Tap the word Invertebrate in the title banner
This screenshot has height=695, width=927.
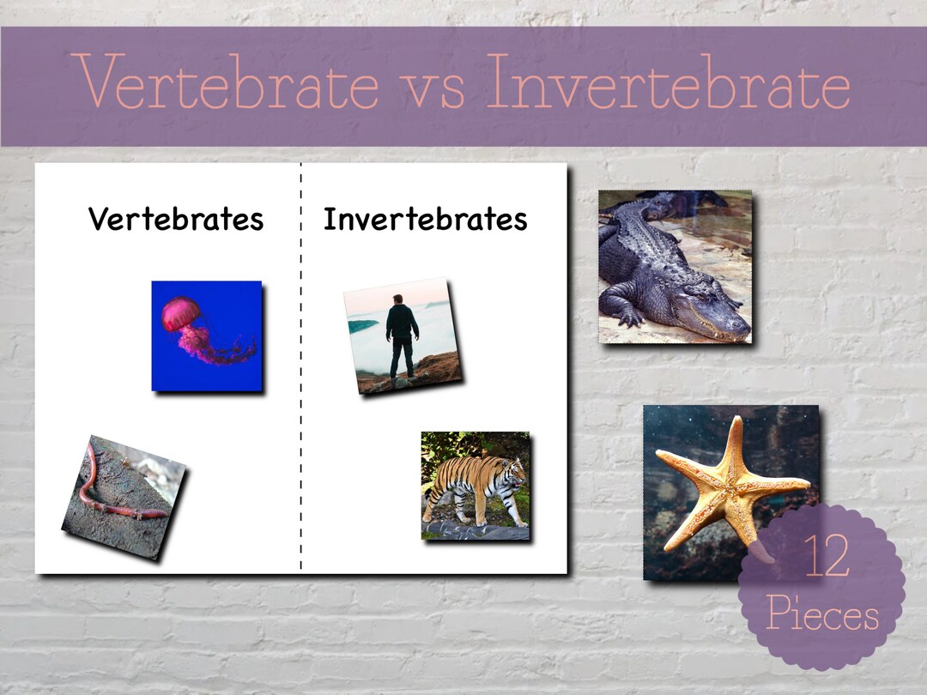pyautogui.click(x=668, y=83)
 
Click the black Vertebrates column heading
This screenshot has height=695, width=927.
pyautogui.click(x=176, y=220)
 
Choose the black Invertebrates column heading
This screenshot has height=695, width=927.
pyautogui.click(x=425, y=220)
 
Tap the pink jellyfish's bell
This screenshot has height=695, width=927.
pyautogui.click(x=180, y=313)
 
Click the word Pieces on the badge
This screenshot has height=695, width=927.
pyautogui.click(x=821, y=615)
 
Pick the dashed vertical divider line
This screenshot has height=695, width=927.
pyautogui.click(x=301, y=386)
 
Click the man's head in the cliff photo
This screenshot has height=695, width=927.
pyautogui.click(x=397, y=300)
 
